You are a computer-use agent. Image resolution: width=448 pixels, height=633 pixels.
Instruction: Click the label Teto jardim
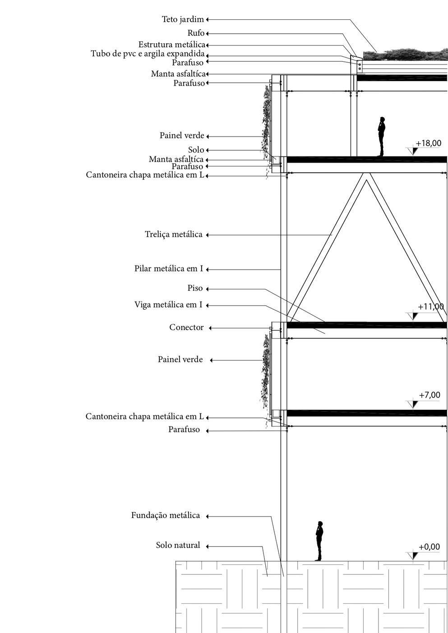point(183,19)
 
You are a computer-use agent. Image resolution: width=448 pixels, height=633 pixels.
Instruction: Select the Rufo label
point(196,33)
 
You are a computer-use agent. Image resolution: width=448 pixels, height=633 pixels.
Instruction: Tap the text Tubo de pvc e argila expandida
point(148,54)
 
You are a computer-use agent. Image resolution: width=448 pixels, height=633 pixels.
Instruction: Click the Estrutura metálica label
point(171,45)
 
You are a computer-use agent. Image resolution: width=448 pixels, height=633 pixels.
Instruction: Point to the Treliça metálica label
point(174,234)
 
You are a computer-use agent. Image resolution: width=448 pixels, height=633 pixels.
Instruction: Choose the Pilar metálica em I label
point(169,269)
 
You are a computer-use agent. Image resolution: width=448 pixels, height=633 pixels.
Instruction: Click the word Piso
point(195,288)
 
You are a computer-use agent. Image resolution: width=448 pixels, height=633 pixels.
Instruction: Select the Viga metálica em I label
point(168,305)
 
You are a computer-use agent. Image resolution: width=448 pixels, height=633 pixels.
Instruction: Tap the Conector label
point(186,327)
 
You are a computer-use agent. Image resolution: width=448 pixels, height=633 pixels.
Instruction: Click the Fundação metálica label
point(166,515)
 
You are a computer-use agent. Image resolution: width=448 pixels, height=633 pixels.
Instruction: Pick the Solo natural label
point(178,546)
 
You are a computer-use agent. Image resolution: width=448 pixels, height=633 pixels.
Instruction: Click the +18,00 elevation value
point(428,143)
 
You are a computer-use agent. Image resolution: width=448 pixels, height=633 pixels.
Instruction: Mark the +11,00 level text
point(430,307)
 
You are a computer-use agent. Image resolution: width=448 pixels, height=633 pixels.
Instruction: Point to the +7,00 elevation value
point(429,395)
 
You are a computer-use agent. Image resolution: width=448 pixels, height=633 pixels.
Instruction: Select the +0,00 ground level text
point(429,547)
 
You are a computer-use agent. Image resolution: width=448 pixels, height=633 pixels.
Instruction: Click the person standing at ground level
point(319,541)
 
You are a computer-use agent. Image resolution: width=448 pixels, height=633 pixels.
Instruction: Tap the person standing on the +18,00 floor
point(381,137)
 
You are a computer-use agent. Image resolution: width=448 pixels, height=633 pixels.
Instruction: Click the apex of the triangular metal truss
point(366,177)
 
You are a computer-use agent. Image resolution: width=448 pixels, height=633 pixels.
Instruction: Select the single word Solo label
point(196,150)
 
